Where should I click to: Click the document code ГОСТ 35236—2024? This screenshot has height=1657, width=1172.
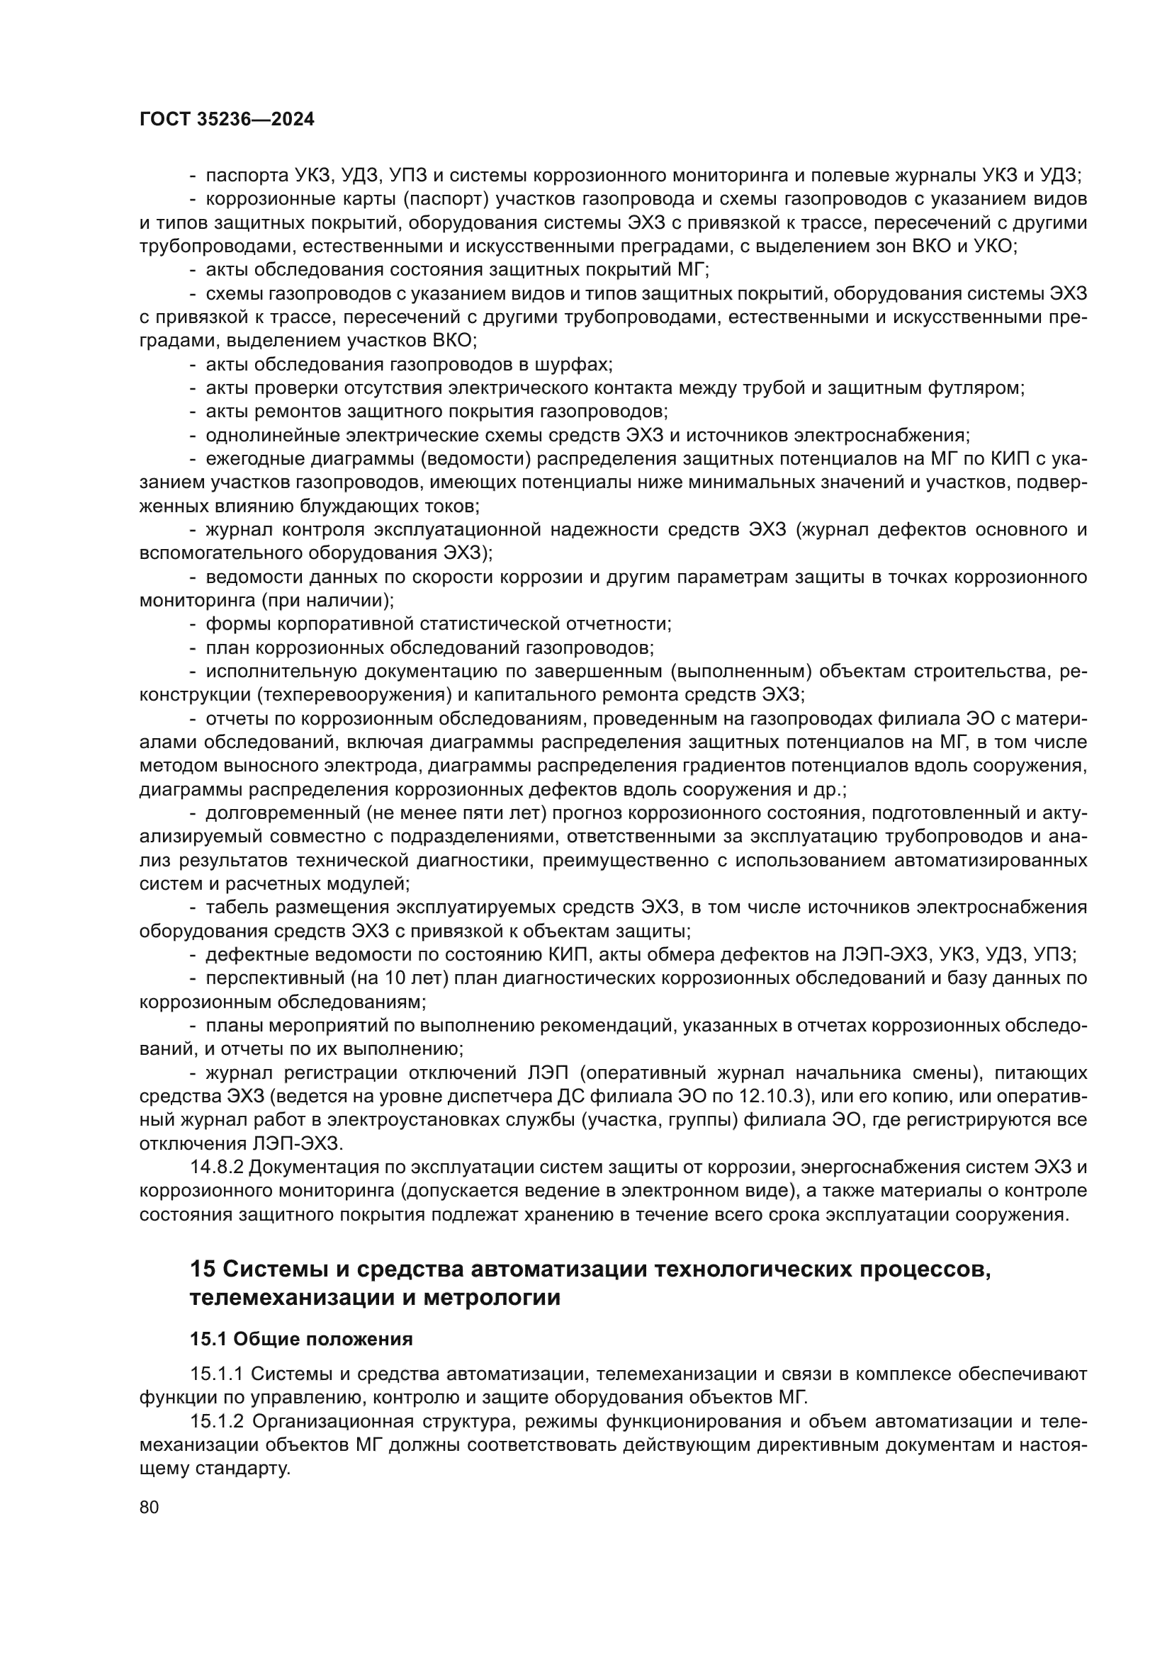(x=227, y=120)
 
